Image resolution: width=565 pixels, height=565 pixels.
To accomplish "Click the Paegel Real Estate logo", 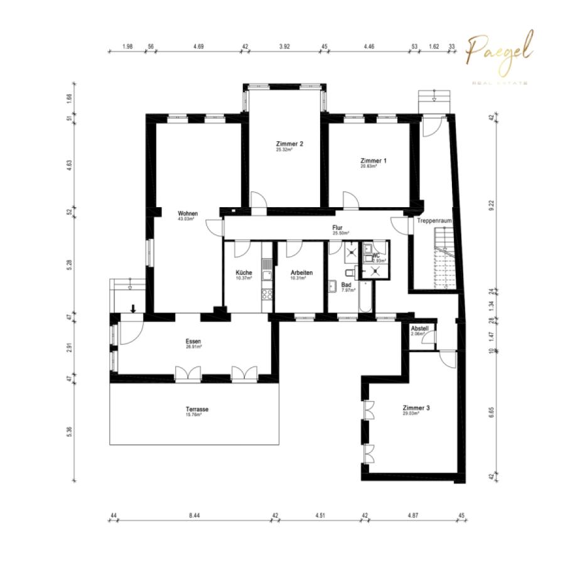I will click(499, 56).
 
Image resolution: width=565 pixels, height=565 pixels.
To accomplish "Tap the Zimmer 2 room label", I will click(289, 144).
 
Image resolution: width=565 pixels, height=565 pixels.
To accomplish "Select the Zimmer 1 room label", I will click(374, 161).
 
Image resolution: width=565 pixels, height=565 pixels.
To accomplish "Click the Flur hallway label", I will click(337, 228).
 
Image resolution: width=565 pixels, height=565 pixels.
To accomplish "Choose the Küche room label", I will click(244, 272).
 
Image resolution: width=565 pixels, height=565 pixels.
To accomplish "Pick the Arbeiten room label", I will click(301, 272).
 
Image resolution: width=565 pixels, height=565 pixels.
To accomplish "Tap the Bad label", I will click(346, 284).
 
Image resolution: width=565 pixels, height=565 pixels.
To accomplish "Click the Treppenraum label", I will click(434, 221).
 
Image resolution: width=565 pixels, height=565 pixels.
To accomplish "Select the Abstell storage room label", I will click(419, 328).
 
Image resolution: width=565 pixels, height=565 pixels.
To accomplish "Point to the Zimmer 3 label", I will click(416, 408).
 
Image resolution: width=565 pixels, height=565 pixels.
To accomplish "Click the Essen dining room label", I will click(193, 342).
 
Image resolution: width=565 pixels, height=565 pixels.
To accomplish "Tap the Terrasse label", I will click(197, 409).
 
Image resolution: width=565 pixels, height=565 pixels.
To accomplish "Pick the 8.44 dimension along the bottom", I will click(194, 516).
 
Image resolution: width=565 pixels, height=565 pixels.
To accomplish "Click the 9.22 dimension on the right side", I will click(490, 203).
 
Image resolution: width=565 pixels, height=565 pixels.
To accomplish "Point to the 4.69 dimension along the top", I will click(199, 46).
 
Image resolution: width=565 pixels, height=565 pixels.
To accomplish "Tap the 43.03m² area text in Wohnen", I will click(186, 220).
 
